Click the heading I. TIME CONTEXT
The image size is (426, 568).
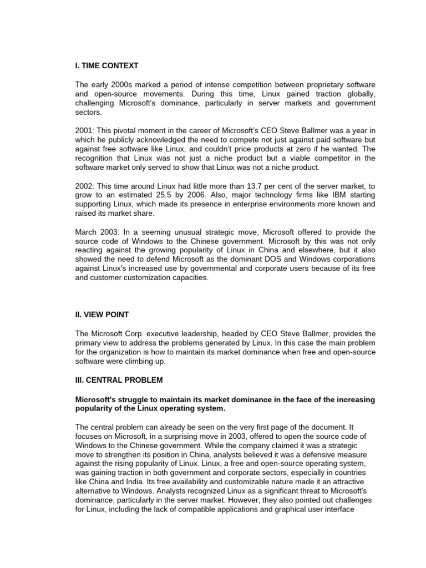coord(106,66)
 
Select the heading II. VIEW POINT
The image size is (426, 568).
coord(102,315)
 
